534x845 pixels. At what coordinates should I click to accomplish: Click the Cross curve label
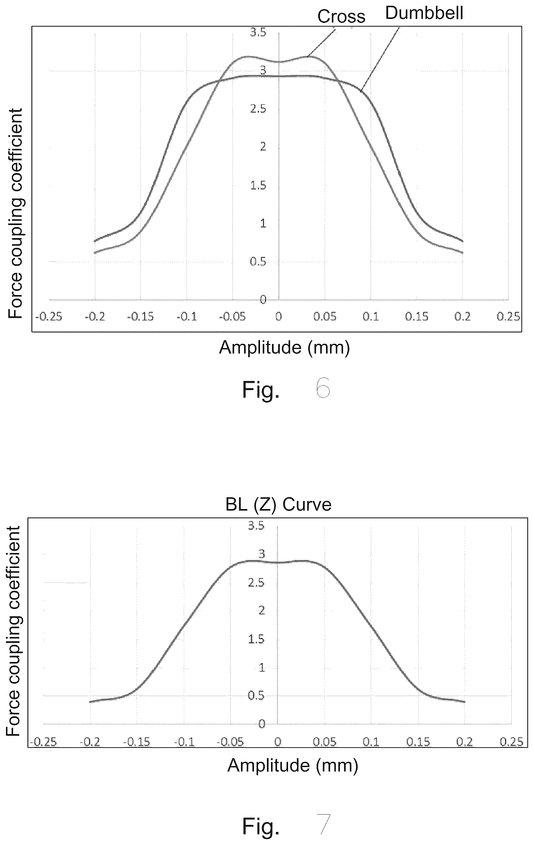pos(341,16)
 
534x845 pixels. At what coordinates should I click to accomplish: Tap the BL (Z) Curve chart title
pos(278,504)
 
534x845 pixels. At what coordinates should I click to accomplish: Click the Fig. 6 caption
pos(286,389)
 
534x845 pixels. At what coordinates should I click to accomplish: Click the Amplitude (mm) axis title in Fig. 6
pos(285,348)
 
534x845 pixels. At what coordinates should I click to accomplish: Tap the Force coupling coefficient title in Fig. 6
pos(16,213)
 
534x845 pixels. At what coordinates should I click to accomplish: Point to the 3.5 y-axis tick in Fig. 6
pos(258,32)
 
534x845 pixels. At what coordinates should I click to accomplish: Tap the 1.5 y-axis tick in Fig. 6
pos(258,185)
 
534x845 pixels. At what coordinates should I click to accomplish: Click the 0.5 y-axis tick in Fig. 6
pos(258,262)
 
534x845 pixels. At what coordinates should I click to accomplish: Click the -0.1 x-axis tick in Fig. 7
pos(184,742)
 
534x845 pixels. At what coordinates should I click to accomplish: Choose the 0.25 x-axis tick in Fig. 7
pos(511,742)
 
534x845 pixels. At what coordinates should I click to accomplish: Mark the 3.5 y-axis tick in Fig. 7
pos(256,525)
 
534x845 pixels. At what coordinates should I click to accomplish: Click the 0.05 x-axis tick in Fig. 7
pos(325,742)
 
